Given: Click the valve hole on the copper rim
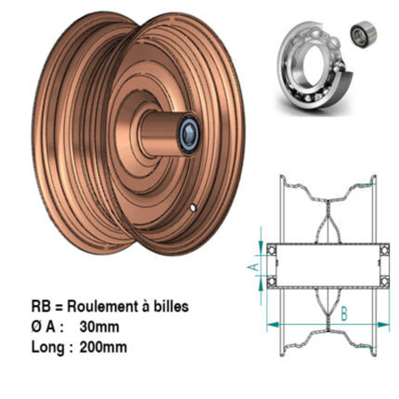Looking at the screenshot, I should pyautogui.click(x=194, y=207).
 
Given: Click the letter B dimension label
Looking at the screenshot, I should pyautogui.click(x=344, y=314).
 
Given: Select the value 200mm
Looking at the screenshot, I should pyautogui.click(x=103, y=347).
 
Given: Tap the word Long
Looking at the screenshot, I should pyautogui.click(x=47, y=348).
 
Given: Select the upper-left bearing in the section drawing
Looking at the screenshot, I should pyautogui.click(x=272, y=250).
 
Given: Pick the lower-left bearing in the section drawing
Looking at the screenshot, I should pyautogui.click(x=272, y=281).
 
